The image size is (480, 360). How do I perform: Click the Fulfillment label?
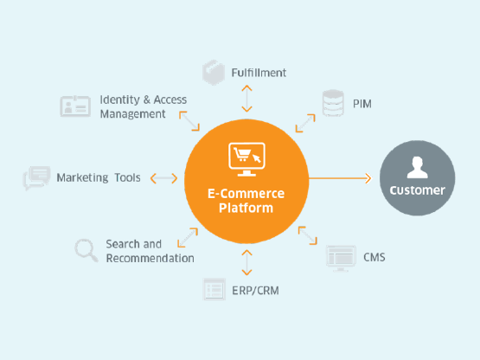(x=259, y=73)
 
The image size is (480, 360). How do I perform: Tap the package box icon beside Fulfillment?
(x=214, y=73)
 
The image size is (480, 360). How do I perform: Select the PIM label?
(x=362, y=104)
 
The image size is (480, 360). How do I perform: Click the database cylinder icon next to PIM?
(x=333, y=103)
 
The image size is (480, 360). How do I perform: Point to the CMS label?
(x=374, y=257)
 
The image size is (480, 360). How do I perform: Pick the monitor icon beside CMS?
(x=341, y=258)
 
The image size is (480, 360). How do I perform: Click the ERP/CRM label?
(x=255, y=291)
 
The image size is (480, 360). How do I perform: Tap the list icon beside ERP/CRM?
(x=214, y=289)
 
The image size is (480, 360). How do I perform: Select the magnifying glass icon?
(x=86, y=250)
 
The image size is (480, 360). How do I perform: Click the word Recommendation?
(x=150, y=258)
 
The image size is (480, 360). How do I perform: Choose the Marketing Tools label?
(x=99, y=177)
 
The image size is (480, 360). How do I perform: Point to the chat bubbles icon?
(x=36, y=177)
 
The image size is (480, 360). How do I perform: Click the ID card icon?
(x=75, y=106)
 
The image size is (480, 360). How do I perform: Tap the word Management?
(x=132, y=114)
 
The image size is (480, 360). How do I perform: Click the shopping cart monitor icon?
(x=246, y=159)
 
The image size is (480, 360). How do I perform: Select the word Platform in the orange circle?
(x=246, y=208)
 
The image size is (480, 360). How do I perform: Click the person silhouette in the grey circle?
(x=417, y=167)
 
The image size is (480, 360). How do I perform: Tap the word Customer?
(x=417, y=190)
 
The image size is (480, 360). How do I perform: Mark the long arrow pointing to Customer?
(x=340, y=178)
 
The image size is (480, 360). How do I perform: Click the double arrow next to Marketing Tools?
(x=163, y=178)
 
